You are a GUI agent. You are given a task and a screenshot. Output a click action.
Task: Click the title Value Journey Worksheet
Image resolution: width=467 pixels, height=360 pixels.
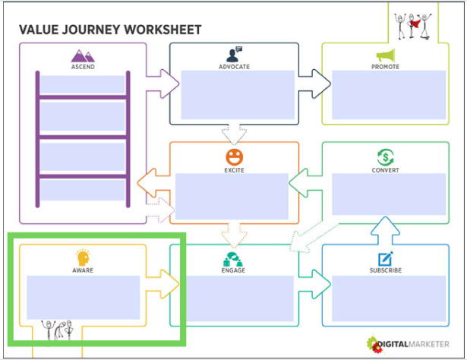[x=110, y=30]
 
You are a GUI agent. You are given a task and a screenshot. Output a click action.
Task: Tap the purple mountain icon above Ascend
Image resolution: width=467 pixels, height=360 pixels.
[x=83, y=55]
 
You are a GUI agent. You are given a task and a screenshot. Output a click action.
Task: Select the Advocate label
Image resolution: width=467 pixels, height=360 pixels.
[x=234, y=67]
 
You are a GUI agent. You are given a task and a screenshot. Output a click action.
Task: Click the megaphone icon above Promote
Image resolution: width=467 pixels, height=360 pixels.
[x=386, y=55]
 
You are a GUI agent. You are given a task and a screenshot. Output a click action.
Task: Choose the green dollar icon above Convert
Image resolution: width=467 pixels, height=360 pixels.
[x=386, y=156]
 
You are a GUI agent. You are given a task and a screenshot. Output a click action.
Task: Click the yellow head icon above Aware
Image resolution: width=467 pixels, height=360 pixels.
[x=83, y=257]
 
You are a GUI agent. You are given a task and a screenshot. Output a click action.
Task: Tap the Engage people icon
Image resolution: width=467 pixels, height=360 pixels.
[x=234, y=258]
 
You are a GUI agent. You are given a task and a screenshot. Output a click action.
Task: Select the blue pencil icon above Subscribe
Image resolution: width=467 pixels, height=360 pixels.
[x=386, y=258]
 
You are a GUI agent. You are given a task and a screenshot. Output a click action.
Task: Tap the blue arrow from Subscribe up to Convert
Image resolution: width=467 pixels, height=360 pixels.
[x=386, y=229]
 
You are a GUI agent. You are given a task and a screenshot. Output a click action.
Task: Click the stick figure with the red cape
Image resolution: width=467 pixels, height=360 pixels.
[x=415, y=25]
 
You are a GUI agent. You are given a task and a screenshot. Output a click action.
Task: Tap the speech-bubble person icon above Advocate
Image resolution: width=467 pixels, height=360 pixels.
[x=234, y=55]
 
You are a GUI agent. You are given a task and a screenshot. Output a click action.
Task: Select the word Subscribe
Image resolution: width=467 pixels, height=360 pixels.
[x=386, y=270]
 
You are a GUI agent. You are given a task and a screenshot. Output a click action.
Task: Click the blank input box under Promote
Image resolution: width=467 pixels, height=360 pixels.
[x=386, y=96]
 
